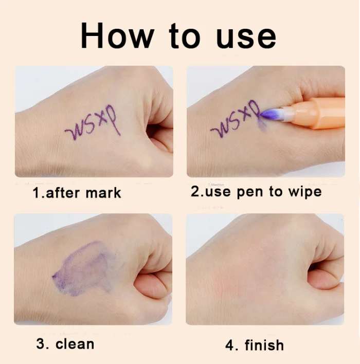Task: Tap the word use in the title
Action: pos(245,37)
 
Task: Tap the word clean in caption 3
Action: pos(75,343)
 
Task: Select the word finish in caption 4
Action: pos(262,344)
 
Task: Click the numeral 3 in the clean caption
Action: pos(41,343)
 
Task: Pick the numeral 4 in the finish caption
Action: pos(229,344)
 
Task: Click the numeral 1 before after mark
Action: pos(35,193)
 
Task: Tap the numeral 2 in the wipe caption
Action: pos(194,192)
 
